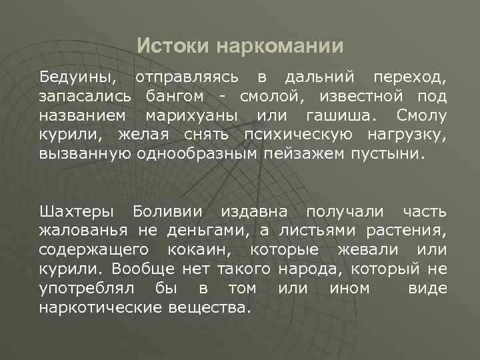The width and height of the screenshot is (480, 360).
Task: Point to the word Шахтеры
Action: (x=77, y=211)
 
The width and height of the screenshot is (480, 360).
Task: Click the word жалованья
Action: (x=85, y=231)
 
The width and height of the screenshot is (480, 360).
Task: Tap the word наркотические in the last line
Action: (x=99, y=308)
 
